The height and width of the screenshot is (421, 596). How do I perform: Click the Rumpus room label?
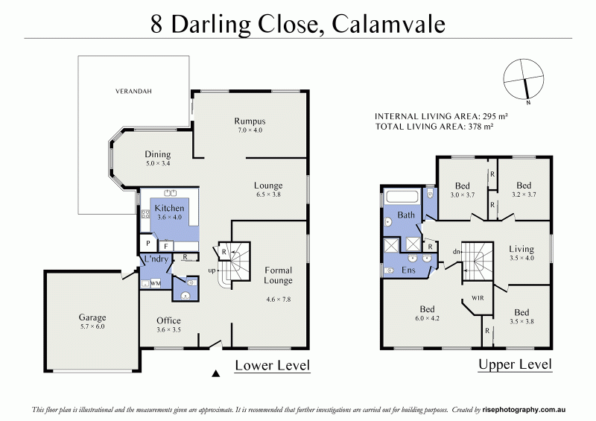[x=250, y=121]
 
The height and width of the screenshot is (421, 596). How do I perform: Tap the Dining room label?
[x=157, y=154]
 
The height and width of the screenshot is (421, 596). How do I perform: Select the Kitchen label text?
[x=169, y=208]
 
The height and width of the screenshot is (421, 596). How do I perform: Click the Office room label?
[x=168, y=320]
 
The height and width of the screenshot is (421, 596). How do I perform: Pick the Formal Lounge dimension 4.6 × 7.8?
[x=278, y=300]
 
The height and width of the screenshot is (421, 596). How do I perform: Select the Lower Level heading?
[x=272, y=365]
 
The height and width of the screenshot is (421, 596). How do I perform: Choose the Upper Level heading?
[x=515, y=364]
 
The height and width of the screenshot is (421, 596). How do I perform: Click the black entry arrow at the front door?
[x=216, y=373]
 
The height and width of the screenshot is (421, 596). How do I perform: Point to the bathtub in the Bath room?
[x=402, y=198]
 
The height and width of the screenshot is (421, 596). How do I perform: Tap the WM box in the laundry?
[x=156, y=284]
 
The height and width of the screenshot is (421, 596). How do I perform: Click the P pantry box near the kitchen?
[x=148, y=243]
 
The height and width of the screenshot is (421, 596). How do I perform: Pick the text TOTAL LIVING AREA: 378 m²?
[x=434, y=127]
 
